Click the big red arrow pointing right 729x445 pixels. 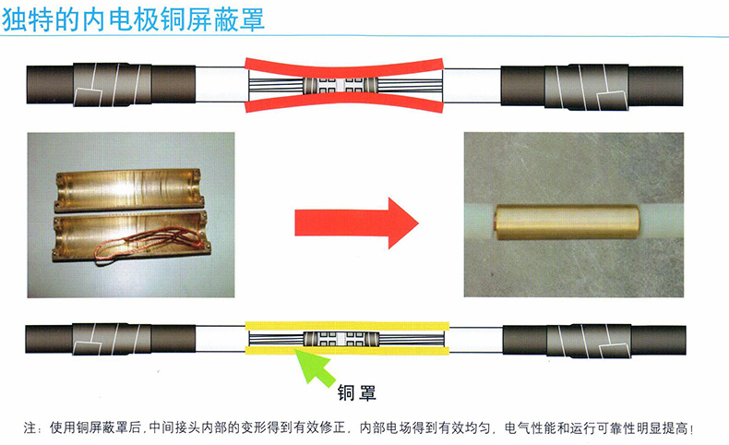(356, 222)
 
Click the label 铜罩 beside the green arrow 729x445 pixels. (356, 393)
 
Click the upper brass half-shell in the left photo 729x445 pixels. (130, 189)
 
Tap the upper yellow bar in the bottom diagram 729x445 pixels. (347, 326)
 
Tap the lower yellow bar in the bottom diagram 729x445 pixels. (347, 350)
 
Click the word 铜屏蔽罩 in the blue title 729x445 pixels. (213, 19)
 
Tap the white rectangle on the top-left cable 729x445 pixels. (90, 98)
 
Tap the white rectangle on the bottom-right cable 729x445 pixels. (615, 352)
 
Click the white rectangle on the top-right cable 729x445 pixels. (613, 101)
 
